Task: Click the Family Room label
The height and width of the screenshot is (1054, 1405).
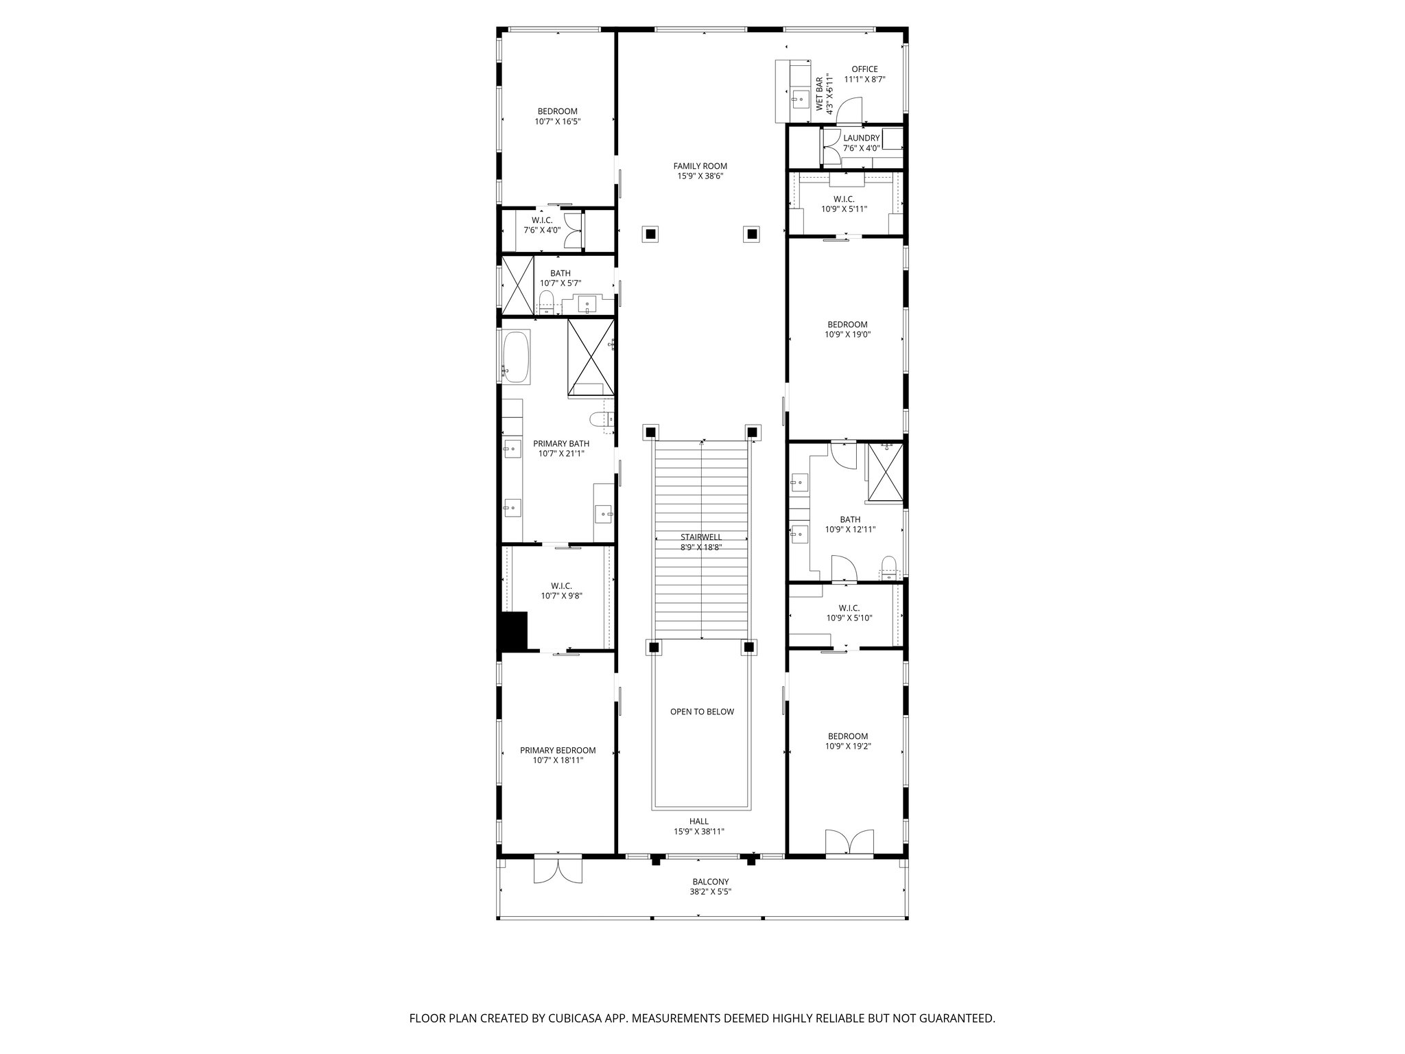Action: click(700, 166)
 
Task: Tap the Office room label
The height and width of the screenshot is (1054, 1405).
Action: click(864, 69)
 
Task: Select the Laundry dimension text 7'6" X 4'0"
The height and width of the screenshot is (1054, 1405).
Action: click(861, 148)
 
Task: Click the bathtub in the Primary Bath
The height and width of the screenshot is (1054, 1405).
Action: click(515, 358)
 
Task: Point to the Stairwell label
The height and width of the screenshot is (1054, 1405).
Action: click(700, 537)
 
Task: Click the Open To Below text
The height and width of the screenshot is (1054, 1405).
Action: click(702, 712)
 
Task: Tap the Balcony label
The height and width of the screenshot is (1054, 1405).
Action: click(710, 882)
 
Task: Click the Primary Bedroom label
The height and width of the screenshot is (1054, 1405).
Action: click(557, 751)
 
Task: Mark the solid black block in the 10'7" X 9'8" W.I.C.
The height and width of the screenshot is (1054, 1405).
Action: click(513, 631)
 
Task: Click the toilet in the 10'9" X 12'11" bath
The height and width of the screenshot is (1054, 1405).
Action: click(888, 566)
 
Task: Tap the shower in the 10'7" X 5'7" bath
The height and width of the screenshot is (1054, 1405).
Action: click(518, 284)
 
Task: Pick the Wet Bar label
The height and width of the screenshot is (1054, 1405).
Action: click(819, 94)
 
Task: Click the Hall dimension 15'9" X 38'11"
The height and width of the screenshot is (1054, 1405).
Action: click(699, 832)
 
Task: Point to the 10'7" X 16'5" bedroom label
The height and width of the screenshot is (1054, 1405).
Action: click(557, 111)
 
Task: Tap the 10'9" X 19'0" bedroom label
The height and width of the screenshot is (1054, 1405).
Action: click(847, 325)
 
